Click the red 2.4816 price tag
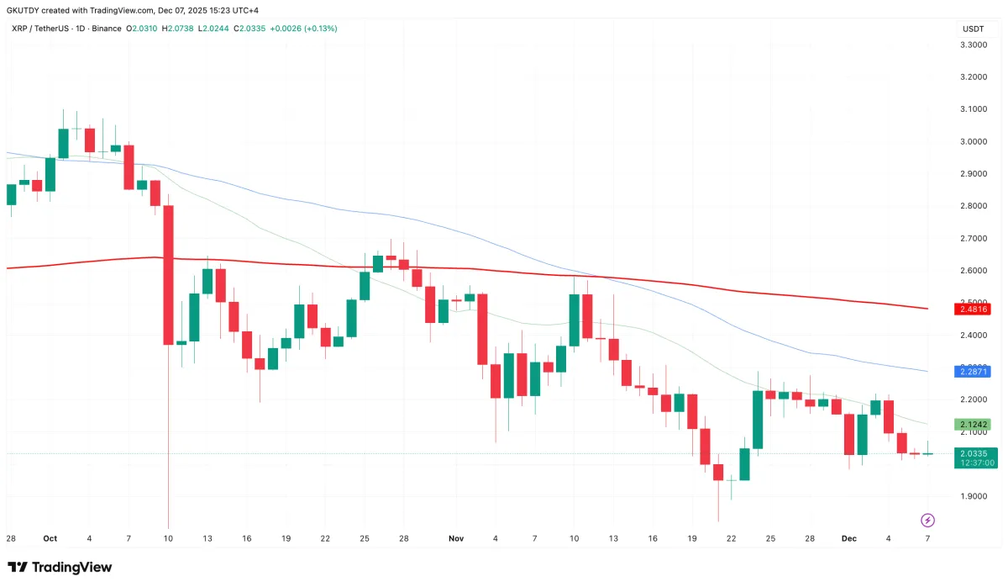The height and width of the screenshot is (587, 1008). [x=972, y=309]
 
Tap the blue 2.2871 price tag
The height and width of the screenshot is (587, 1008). [x=972, y=371]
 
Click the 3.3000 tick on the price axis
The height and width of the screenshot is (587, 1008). [x=974, y=45]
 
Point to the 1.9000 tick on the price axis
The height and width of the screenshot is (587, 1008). [x=974, y=496]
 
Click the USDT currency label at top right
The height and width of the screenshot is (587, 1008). [x=972, y=29]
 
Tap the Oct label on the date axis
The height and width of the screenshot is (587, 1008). [x=50, y=537]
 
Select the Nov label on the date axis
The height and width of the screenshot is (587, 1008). [x=456, y=537]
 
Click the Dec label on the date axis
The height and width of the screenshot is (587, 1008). [x=849, y=537]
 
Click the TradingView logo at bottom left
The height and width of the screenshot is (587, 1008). [x=59, y=567]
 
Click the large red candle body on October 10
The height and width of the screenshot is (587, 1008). [x=169, y=275]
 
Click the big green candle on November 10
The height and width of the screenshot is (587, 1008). [x=575, y=320]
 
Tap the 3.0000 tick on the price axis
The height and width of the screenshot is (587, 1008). [x=974, y=141]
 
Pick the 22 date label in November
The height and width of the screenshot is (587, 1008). [x=731, y=537]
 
